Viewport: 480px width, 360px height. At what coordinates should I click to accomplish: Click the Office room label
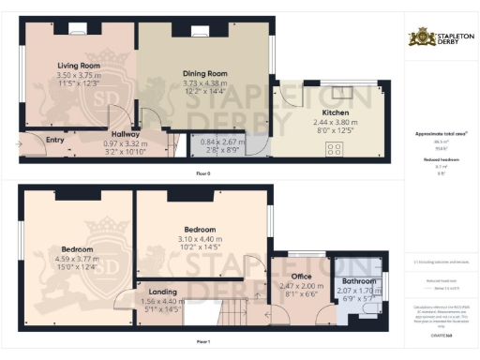(x=301, y=276)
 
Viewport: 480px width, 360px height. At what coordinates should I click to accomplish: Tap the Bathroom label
(x=359, y=280)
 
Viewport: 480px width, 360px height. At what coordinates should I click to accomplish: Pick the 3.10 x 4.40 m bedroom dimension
(x=200, y=239)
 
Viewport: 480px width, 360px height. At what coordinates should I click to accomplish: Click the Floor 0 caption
(x=202, y=174)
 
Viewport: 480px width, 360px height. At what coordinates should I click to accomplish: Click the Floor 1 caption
(x=202, y=341)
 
